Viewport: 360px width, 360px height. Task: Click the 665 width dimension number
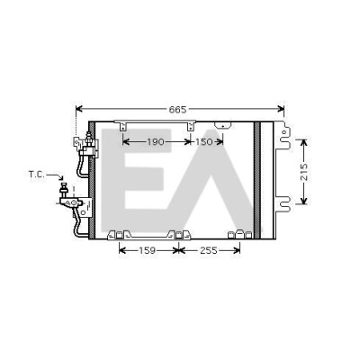(177, 110)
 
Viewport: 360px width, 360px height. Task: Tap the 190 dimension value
(156, 142)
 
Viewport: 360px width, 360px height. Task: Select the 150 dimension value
(203, 142)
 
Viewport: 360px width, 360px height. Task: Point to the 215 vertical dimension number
(304, 172)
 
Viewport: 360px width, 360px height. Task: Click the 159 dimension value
(147, 250)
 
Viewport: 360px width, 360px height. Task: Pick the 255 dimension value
(209, 250)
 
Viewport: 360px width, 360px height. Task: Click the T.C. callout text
(37, 174)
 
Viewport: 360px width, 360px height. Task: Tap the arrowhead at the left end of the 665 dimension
(79, 109)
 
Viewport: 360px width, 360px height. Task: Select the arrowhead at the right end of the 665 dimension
(281, 109)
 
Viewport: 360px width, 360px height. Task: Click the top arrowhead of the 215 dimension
(304, 143)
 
